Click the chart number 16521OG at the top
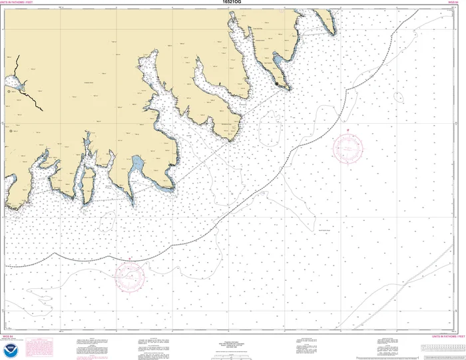click(233, 3)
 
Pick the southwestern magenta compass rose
click(130, 275)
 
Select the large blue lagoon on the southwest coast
click(137, 163)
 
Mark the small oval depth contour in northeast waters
click(398, 97)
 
